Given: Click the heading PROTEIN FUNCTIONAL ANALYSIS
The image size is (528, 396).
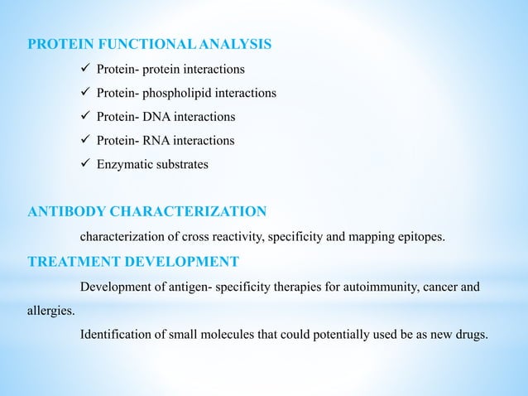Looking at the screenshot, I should (149, 43).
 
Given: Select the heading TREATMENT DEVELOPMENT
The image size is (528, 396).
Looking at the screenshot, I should (133, 263).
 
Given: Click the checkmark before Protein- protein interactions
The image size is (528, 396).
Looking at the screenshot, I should (84, 68).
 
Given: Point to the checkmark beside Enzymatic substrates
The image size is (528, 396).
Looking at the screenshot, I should (84, 165).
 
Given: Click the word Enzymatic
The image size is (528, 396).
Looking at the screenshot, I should (124, 165).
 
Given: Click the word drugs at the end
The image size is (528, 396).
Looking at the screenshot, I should (470, 335).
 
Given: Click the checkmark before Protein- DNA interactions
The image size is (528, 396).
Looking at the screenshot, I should (84, 117).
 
